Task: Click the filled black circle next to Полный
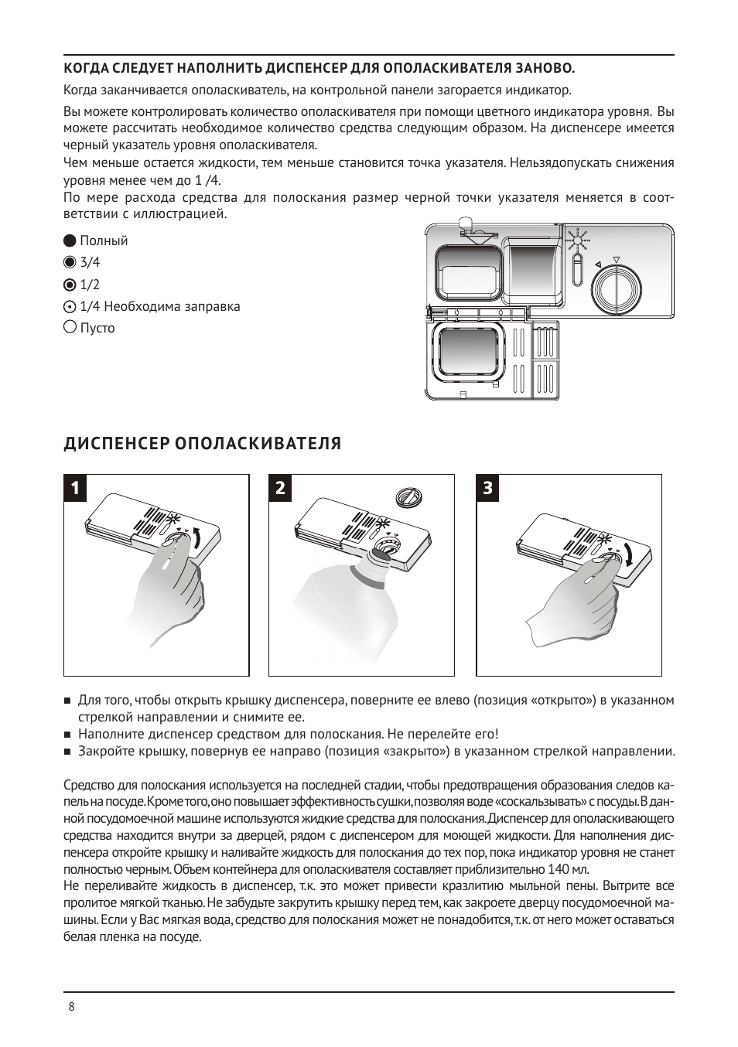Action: coord(69,240)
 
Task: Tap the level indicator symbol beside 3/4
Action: coord(69,262)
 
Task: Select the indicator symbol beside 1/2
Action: coord(69,285)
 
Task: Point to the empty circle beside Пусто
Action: coord(69,327)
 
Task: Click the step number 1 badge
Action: coord(75,488)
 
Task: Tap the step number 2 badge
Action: coord(280,488)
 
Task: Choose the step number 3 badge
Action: coord(488,488)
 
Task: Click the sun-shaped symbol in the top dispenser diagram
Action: coord(578,241)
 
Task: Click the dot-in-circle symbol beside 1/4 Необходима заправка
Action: coord(69,307)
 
